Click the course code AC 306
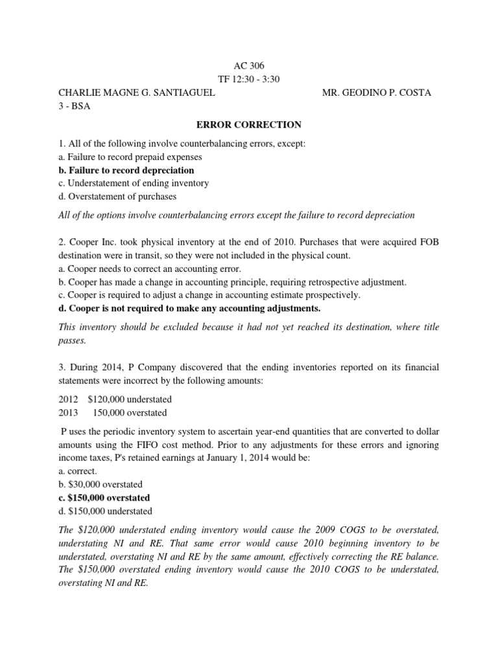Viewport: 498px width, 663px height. coord(249,65)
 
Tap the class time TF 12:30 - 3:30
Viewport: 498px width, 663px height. coord(249,79)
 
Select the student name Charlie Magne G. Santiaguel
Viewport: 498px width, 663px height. coord(137,93)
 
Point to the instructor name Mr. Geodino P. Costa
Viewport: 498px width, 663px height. coord(376,93)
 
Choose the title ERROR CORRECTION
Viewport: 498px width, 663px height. coord(249,124)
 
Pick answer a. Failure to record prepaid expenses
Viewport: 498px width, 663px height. coord(130,157)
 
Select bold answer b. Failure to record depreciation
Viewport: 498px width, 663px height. coord(126,170)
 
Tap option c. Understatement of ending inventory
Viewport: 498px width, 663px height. coord(134,183)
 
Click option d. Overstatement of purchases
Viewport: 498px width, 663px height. coord(117,196)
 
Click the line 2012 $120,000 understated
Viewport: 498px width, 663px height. coord(115,399)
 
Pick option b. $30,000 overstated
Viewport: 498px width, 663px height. coord(101,484)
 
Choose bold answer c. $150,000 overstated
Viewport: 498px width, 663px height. coord(104,498)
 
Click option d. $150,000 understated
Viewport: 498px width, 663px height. coord(102,511)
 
